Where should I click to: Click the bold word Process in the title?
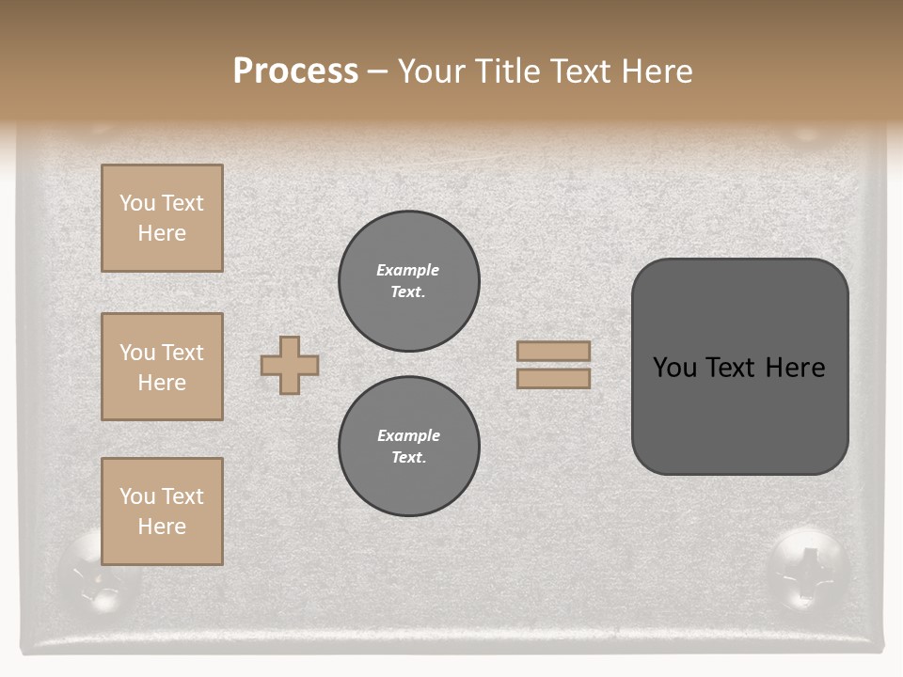pyautogui.click(x=295, y=71)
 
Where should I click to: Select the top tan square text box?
pyautogui.click(x=162, y=218)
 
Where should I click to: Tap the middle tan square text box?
pyautogui.click(x=162, y=367)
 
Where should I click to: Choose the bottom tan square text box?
pyautogui.click(x=162, y=512)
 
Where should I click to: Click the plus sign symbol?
pyautogui.click(x=290, y=365)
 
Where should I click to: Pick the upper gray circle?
pyautogui.click(x=409, y=281)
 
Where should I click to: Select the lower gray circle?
pyautogui.click(x=409, y=447)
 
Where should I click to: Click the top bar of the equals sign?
pyautogui.click(x=554, y=352)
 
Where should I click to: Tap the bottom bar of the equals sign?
pyautogui.click(x=554, y=379)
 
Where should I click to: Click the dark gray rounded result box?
pyautogui.click(x=740, y=367)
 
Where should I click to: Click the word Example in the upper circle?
pyautogui.click(x=408, y=270)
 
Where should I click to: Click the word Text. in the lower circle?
pyautogui.click(x=408, y=458)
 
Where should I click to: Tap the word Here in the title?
pyautogui.click(x=659, y=71)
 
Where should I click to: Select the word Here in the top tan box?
pyautogui.click(x=162, y=233)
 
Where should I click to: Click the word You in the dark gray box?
pyautogui.click(x=674, y=368)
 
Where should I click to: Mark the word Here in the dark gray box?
pyautogui.click(x=795, y=368)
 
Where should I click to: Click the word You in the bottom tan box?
pyautogui.click(x=137, y=496)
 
